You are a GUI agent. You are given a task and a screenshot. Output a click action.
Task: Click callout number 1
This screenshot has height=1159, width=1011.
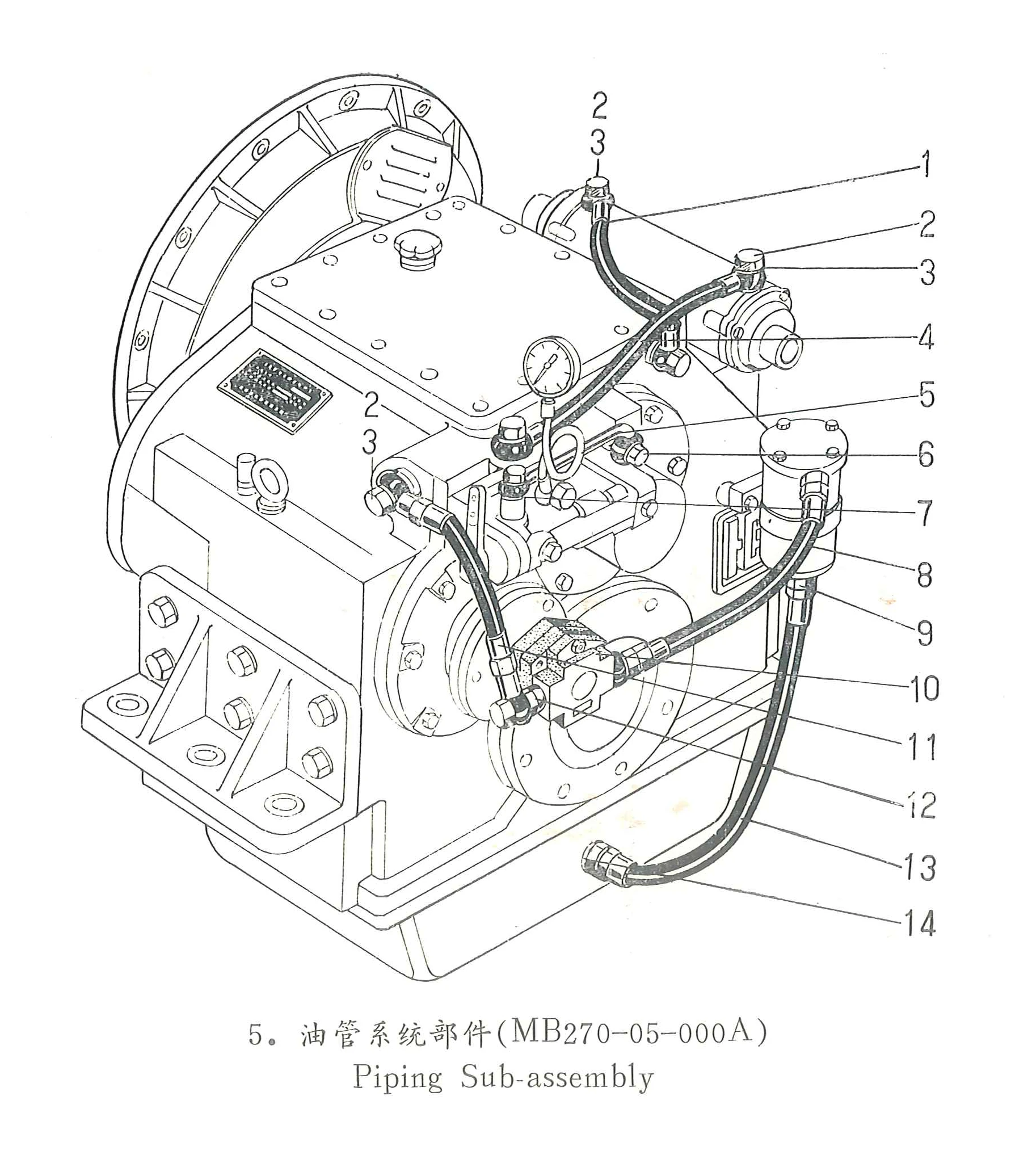[x=925, y=164]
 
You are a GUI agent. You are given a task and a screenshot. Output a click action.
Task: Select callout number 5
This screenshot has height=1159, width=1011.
[x=926, y=394]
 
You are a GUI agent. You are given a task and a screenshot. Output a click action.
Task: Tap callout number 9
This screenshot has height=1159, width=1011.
[x=925, y=632]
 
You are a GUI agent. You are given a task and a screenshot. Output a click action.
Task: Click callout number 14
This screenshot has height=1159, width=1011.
[x=919, y=923]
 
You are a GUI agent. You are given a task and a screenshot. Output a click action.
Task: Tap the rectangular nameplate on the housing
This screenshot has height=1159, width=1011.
[x=275, y=392]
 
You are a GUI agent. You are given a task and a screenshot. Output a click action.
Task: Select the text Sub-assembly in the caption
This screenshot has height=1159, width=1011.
[x=557, y=1077]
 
